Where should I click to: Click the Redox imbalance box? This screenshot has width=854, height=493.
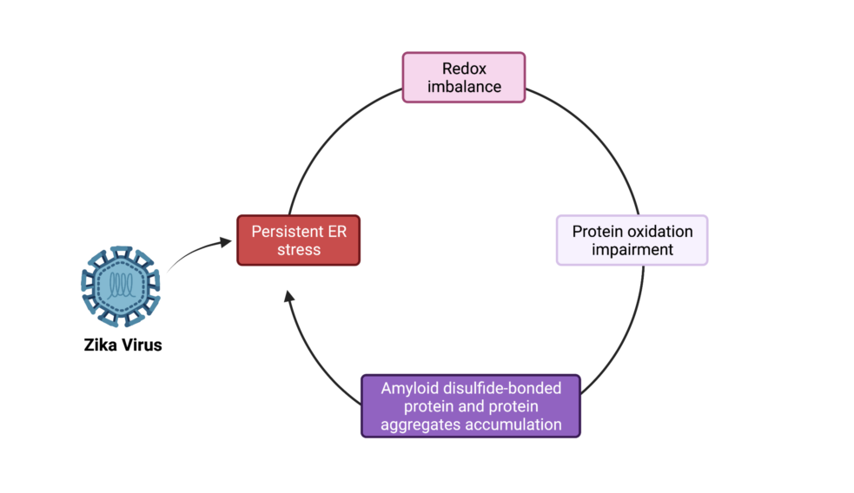pos(464,77)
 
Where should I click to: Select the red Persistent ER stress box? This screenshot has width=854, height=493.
pos(298,240)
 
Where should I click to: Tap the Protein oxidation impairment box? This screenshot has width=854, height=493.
pos(632,240)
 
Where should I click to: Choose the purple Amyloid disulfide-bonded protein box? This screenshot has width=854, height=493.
pos(470,405)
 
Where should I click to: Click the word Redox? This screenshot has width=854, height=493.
pos(464,69)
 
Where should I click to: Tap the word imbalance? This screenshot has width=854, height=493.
pos(464,86)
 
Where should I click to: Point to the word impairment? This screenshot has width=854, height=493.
pos(632,250)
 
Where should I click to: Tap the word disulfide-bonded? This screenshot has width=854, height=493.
pos(500,388)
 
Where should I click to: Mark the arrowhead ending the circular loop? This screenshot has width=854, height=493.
pos(289,298)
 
